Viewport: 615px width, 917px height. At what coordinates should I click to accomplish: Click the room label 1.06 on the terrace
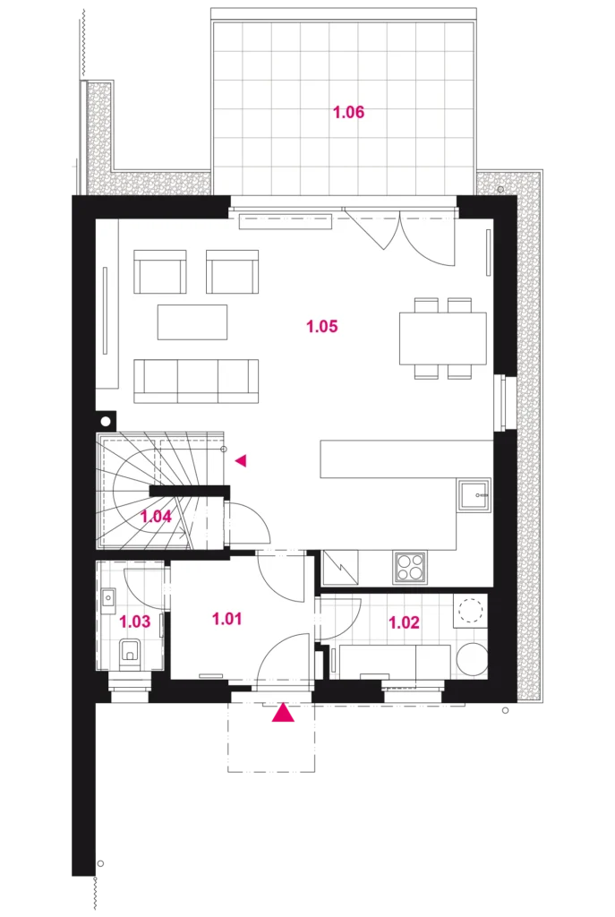[x=348, y=112]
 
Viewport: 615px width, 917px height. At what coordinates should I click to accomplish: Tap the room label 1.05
[x=322, y=326]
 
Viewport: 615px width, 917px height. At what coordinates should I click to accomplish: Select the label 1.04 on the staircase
[x=156, y=517]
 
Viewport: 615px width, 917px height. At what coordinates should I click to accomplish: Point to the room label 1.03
[x=135, y=621]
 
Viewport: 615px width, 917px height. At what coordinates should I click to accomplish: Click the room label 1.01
[x=226, y=618]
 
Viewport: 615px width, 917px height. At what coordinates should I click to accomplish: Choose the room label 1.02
[x=404, y=622]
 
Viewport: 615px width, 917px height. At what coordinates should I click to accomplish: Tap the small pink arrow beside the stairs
[x=241, y=461]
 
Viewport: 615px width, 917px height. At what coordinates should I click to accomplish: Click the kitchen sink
[x=474, y=496]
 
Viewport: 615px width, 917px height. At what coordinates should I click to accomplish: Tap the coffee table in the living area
[x=192, y=321]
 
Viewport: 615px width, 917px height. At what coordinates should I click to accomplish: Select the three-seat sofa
[x=196, y=381]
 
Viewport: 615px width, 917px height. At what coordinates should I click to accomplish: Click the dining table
[x=443, y=338]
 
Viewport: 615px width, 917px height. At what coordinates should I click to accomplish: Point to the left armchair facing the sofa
[x=160, y=271]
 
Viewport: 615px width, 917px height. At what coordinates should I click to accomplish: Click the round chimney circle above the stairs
[x=106, y=421]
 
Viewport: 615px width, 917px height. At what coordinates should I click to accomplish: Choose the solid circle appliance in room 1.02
[x=471, y=659]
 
